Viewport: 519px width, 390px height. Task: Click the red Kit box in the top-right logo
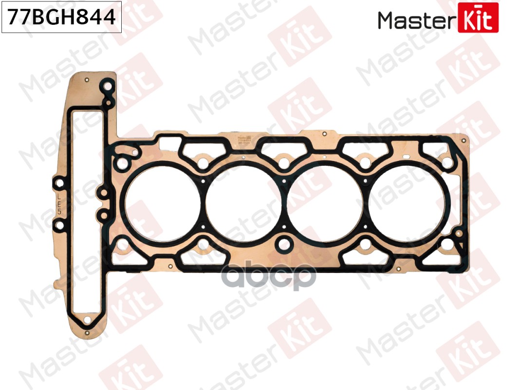478,18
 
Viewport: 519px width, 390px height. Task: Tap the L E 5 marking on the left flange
59,203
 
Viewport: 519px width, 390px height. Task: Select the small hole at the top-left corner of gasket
87,80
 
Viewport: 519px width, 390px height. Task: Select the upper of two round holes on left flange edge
59,183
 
